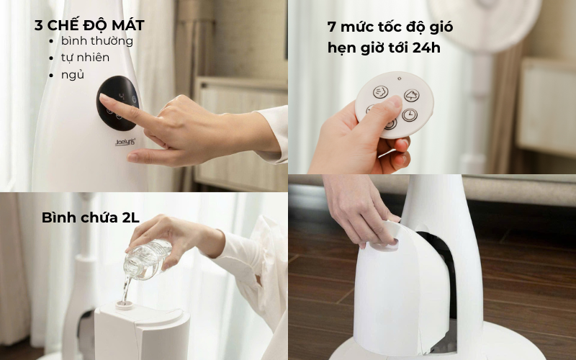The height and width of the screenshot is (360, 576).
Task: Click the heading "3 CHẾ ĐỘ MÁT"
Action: pos(89,25)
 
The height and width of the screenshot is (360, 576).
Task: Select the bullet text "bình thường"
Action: pos(96,41)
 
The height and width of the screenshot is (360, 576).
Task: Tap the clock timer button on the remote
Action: pos(410,114)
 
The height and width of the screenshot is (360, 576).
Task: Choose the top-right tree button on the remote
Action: pos(410,95)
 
